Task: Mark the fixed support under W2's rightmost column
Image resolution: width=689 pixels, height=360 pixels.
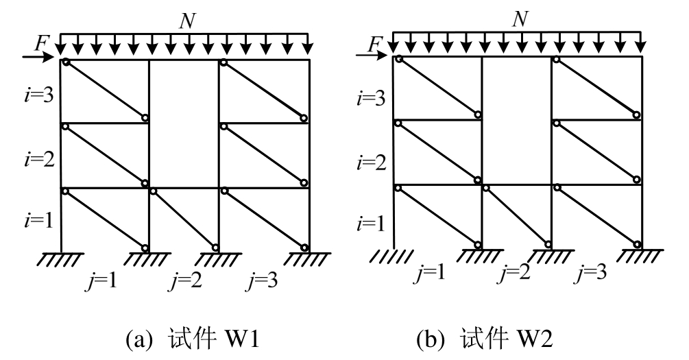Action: click(640, 254)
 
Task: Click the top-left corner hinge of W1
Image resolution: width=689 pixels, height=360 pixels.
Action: click(65, 63)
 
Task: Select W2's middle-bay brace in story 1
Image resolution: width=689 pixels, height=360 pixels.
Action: click(517, 216)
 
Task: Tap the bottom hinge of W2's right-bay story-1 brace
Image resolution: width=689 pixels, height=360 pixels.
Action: click(637, 245)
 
